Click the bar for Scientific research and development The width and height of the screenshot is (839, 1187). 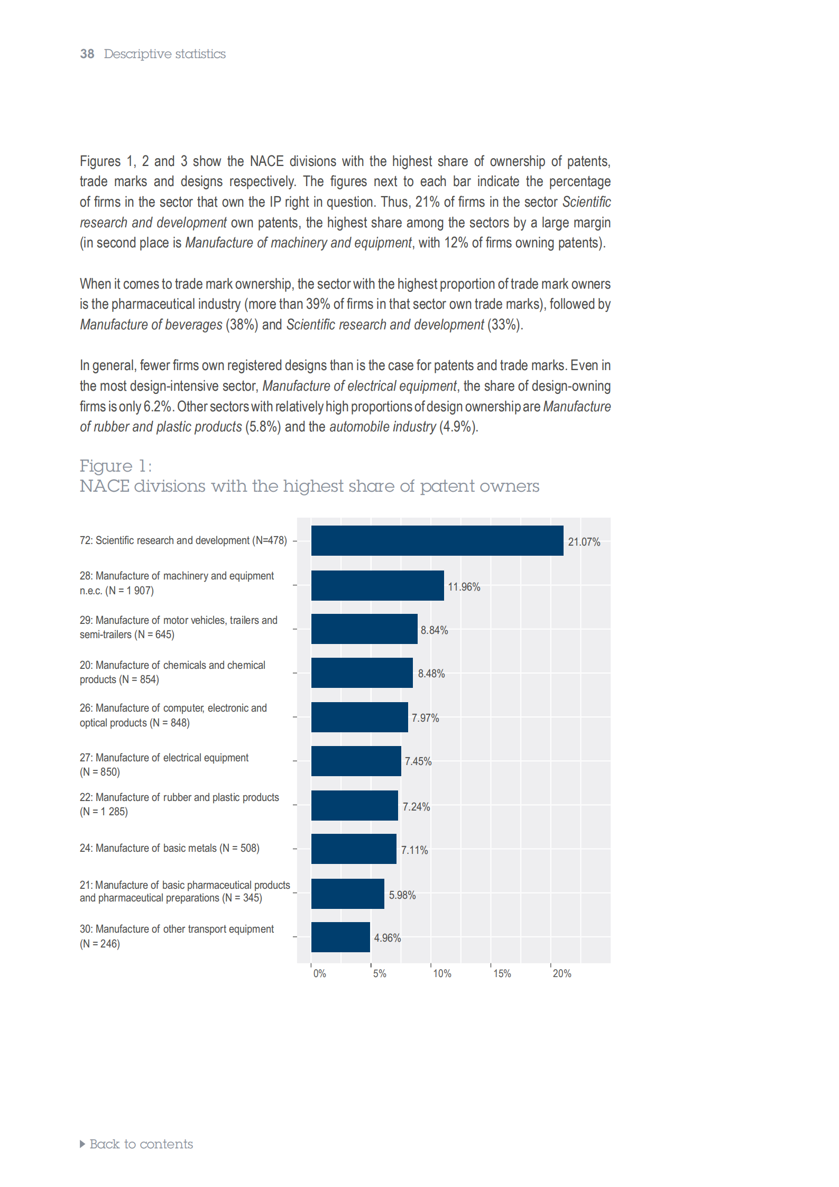point(437,540)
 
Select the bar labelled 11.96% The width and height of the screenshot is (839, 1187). point(377,585)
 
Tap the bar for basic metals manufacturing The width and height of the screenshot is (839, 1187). point(354,849)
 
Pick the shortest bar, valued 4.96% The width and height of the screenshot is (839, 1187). point(340,937)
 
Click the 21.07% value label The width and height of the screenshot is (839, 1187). point(584,542)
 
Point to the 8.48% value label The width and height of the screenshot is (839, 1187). point(431,674)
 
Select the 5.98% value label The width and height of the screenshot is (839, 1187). point(402,895)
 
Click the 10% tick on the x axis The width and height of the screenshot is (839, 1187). point(442,973)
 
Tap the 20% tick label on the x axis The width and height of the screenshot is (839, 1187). point(562,973)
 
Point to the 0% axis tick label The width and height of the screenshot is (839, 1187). point(319,973)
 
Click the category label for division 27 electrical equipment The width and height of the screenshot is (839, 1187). point(164,765)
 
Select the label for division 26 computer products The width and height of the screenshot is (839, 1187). point(173,715)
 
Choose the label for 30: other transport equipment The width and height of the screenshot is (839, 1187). point(177,936)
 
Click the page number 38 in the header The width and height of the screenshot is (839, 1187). point(87,54)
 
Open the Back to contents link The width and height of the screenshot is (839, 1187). point(136,1144)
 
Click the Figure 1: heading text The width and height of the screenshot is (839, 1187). point(116,466)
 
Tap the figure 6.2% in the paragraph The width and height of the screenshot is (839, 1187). point(158,407)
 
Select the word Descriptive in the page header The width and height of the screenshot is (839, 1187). point(137,54)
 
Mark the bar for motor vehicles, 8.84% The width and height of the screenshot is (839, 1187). point(364,629)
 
